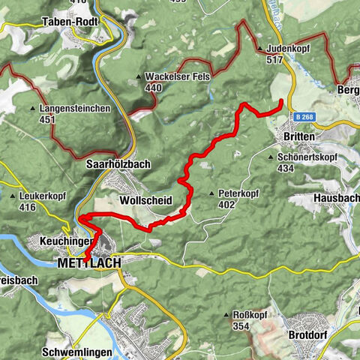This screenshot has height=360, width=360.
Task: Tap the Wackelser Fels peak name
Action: (x=179, y=76)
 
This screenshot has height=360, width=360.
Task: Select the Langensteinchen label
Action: (x=74, y=109)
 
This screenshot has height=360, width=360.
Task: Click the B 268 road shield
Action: (x=304, y=117)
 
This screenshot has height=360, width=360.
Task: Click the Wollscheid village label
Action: (x=145, y=201)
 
